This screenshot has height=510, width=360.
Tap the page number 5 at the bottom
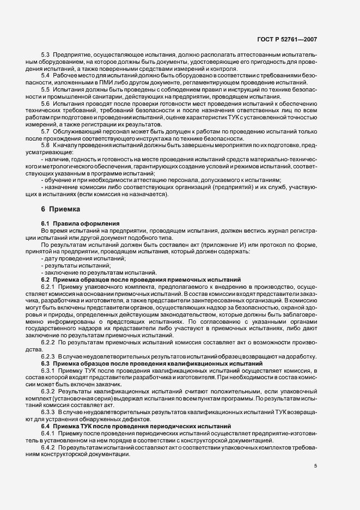[316, 466]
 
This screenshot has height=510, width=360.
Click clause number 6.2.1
[48, 286]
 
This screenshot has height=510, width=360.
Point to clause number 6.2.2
[48, 343]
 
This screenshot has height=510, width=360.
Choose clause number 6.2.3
[48, 356]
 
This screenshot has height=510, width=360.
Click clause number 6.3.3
[48, 413]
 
